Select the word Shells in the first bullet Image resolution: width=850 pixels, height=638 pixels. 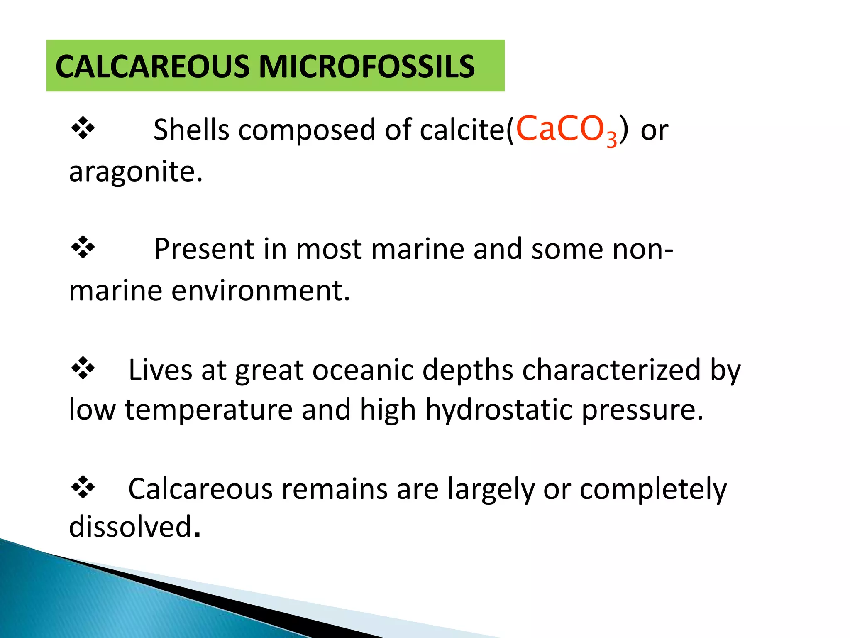click(x=191, y=130)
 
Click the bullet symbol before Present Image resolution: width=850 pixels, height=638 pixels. click(x=83, y=248)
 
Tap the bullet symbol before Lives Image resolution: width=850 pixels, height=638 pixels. click(x=83, y=368)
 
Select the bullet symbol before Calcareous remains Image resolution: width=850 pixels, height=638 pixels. click(x=83, y=487)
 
